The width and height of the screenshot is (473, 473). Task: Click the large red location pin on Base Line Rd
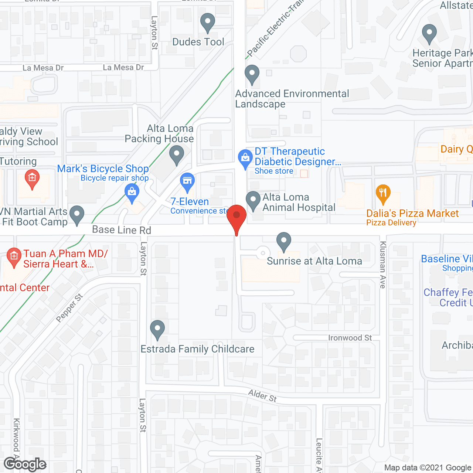click(236, 216)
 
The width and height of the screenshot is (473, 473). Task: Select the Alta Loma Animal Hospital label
click(299, 203)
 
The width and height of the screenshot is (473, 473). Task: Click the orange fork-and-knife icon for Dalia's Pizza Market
click(383, 193)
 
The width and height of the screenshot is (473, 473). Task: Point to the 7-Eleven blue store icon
click(187, 181)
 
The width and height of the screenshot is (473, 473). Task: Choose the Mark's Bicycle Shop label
click(103, 169)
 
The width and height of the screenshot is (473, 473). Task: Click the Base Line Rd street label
click(122, 230)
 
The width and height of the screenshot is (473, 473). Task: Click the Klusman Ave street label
click(383, 265)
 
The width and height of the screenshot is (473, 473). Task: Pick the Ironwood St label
click(350, 338)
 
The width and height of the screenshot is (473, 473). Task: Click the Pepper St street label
click(69, 308)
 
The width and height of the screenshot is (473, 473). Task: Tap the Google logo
click(25, 465)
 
